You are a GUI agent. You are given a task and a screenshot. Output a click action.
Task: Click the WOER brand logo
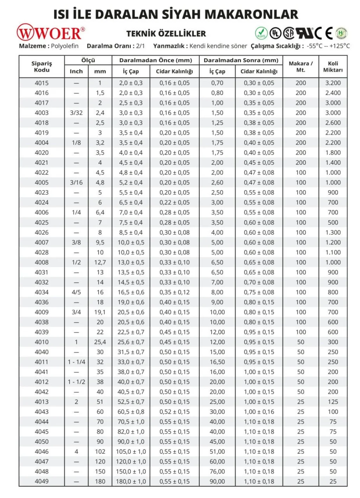click(x=51, y=33)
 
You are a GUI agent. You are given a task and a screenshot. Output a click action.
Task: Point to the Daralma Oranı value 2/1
click(x=140, y=46)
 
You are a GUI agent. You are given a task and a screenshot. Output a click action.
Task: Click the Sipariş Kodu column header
click(x=41, y=66)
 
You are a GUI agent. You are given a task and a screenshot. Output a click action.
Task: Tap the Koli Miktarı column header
click(x=333, y=66)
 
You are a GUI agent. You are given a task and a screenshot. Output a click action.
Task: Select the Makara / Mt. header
click(x=301, y=66)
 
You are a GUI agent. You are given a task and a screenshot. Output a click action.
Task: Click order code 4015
click(x=41, y=83)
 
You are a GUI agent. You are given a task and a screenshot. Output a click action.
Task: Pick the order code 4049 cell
click(x=41, y=481)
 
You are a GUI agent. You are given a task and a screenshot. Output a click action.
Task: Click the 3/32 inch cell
click(x=76, y=113)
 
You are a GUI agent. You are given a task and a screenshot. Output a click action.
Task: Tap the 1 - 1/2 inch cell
click(x=76, y=382)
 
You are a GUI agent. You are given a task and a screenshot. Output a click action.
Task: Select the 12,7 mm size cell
click(x=100, y=262)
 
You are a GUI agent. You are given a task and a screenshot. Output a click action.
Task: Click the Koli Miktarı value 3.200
click(x=333, y=83)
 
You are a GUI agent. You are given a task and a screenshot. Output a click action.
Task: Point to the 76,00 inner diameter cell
click(x=217, y=472)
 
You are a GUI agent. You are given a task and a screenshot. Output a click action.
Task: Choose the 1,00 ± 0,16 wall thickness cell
click(x=259, y=412)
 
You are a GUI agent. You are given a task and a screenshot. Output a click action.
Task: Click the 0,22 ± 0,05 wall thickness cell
click(x=174, y=203)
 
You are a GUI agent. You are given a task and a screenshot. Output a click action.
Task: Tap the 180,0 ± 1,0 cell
click(x=131, y=481)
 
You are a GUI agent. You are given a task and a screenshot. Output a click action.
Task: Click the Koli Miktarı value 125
click(x=333, y=402)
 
